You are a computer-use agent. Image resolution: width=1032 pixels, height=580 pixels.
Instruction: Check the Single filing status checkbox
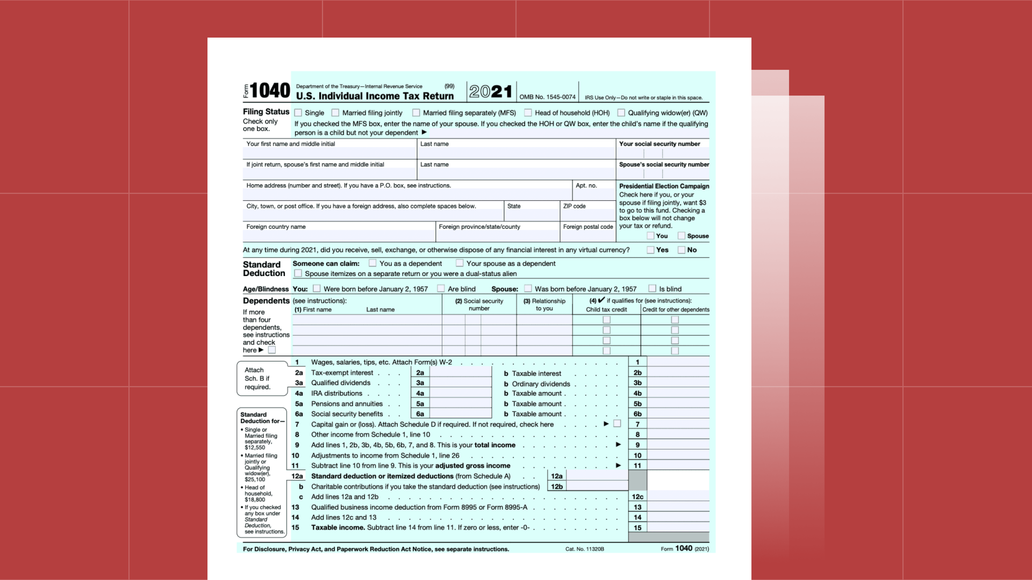click(x=298, y=113)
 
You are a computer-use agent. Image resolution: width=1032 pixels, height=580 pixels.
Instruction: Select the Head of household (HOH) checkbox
click(x=528, y=113)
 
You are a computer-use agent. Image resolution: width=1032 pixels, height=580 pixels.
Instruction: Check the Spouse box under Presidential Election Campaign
click(x=681, y=236)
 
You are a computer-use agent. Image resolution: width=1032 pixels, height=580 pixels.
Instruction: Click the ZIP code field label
click(x=574, y=206)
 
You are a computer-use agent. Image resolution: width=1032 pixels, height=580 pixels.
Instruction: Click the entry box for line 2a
click(x=460, y=373)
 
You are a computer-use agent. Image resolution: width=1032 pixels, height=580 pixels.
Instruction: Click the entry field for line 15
click(x=678, y=528)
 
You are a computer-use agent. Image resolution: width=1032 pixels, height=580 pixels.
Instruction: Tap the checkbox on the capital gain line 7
click(x=617, y=424)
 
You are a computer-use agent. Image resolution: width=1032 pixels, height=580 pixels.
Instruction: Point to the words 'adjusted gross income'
click(x=473, y=465)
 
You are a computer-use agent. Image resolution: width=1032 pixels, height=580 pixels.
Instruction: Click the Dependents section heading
click(x=266, y=301)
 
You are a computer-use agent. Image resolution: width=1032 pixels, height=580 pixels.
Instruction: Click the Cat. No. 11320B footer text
click(x=584, y=549)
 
